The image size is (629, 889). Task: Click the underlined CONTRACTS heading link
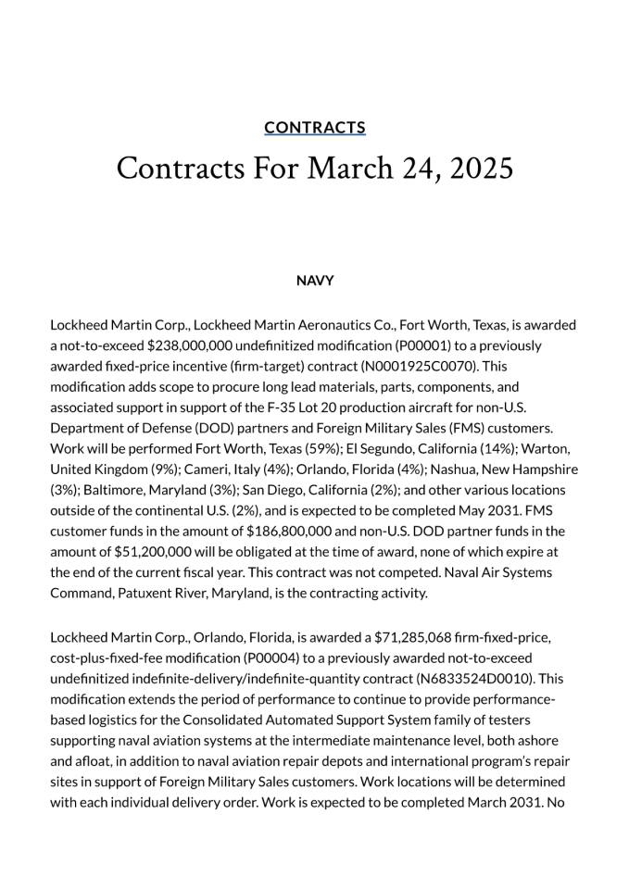pyautogui.click(x=314, y=128)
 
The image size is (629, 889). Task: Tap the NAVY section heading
pyautogui.click(x=314, y=281)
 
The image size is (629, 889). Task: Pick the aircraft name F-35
pyautogui.click(x=312, y=407)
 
